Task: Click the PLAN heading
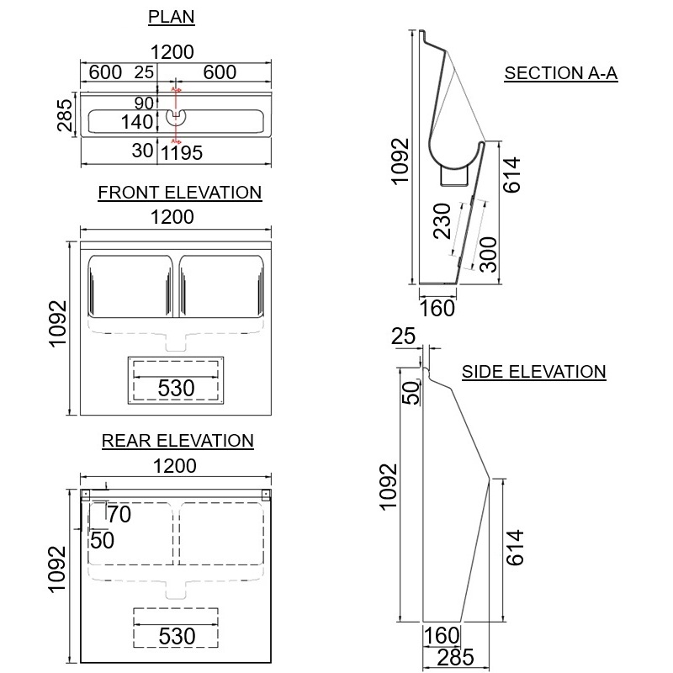172,16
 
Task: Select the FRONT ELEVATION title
180,193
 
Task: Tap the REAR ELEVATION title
178,440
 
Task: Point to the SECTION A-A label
561,73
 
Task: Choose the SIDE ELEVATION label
534,371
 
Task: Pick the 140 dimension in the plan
137,122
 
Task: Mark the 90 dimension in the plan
144,103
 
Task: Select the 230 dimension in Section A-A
444,221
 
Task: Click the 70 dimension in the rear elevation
119,514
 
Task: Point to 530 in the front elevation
177,388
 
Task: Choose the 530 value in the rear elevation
177,635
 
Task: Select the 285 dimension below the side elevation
455,657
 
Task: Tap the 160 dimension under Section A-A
437,308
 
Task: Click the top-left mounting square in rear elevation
85,494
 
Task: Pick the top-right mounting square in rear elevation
266,494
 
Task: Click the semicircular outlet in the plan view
177,115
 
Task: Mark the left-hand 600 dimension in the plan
105,72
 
